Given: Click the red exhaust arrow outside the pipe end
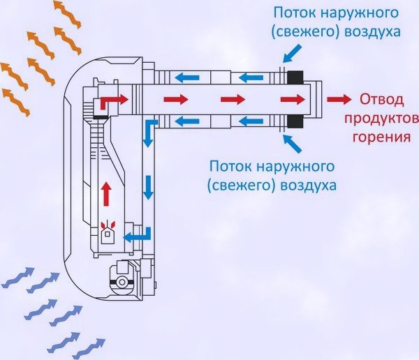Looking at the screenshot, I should (x=339, y=100).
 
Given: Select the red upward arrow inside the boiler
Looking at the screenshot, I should (x=106, y=193).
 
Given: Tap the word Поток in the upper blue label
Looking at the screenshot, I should (x=291, y=13).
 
